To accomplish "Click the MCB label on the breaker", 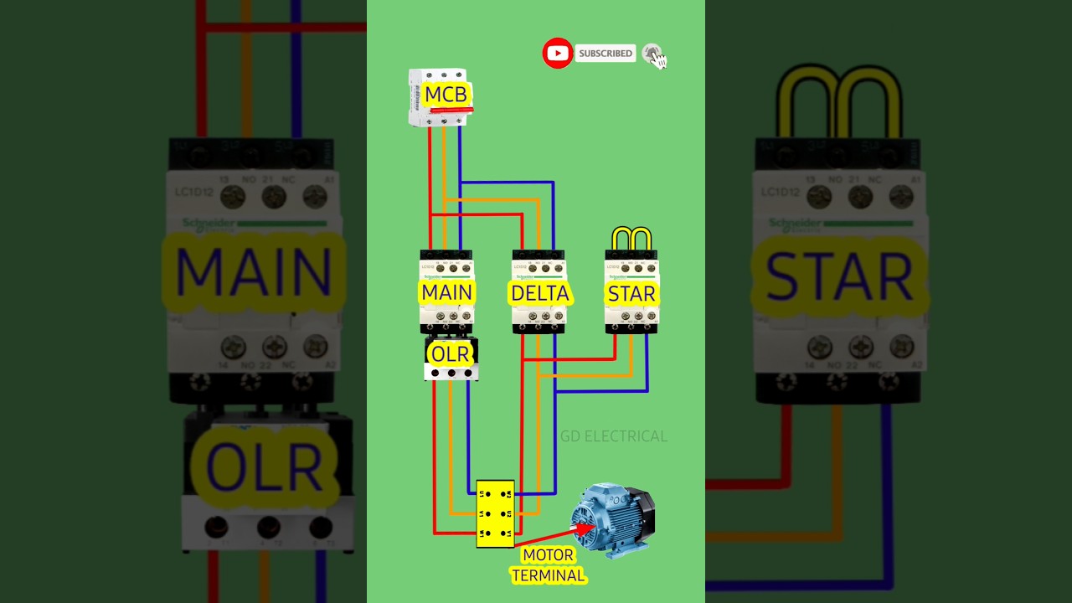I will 446,95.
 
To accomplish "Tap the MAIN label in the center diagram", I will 447,293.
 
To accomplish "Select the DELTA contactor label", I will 540,293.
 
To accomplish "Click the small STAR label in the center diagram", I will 631,294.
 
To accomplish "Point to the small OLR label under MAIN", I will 451,354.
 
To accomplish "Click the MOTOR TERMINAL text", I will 549,565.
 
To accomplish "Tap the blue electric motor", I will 616,519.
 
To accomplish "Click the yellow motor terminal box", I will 495,513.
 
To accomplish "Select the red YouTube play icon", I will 557,54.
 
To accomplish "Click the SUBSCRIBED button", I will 606,54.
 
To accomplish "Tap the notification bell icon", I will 652,54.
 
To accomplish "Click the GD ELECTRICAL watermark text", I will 614,436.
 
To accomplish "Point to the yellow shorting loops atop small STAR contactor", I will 631,239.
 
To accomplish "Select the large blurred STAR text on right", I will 838,276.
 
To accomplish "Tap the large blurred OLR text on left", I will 263,466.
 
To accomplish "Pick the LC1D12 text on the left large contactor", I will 196,193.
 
